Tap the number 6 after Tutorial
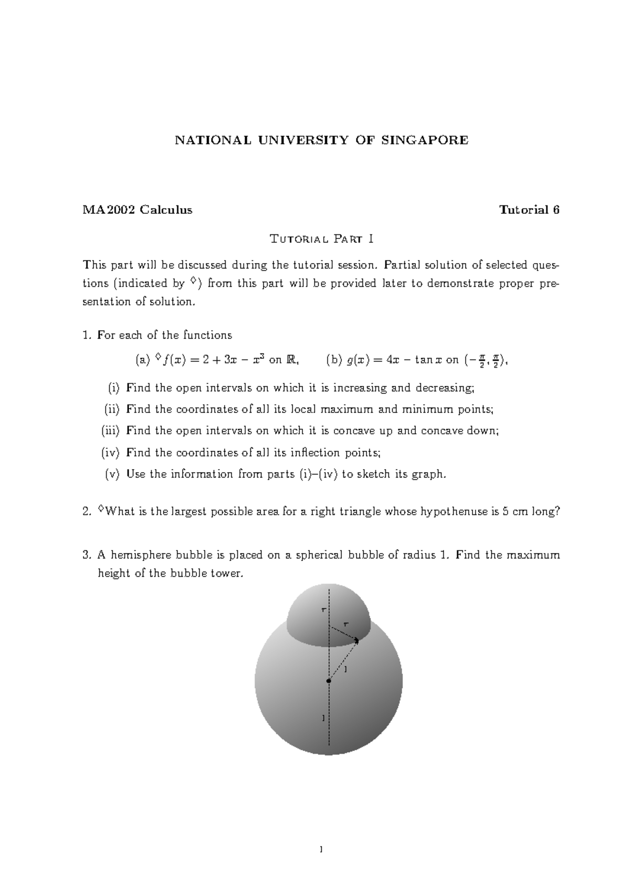(x=555, y=210)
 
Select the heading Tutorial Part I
(x=321, y=240)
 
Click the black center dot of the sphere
(x=329, y=681)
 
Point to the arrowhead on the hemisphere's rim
(x=357, y=640)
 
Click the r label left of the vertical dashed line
(x=323, y=610)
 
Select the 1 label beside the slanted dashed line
(x=345, y=670)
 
